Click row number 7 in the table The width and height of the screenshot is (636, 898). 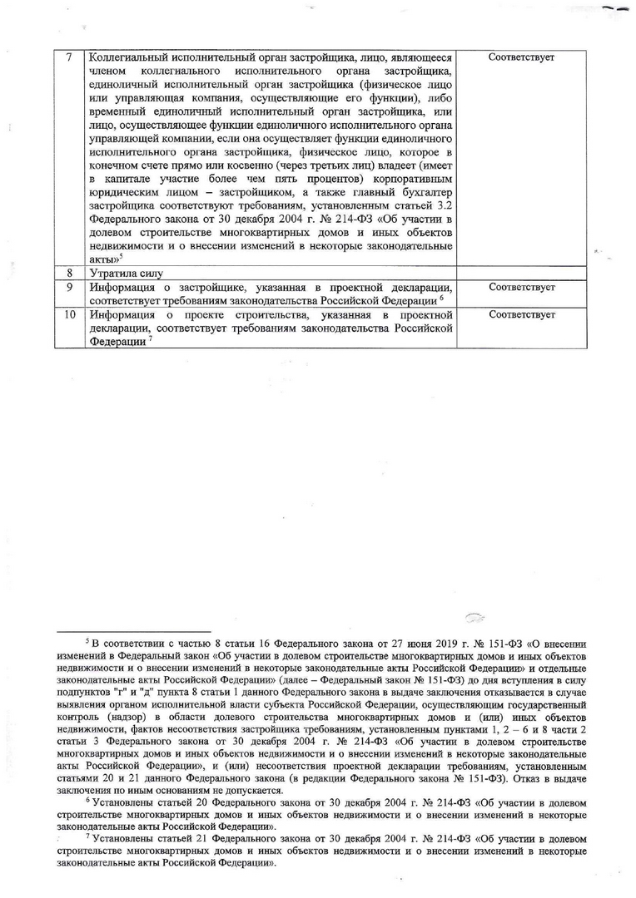click(70, 58)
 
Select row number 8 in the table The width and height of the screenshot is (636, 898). click(70, 273)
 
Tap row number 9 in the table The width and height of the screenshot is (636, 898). click(70, 287)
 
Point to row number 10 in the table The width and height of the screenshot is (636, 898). click(70, 316)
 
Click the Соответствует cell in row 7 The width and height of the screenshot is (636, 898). click(522, 58)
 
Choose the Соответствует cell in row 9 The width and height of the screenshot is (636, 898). click(522, 287)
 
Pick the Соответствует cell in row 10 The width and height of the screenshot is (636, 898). click(522, 316)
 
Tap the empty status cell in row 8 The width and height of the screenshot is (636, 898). click(522, 273)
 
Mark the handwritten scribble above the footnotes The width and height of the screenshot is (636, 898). click(475, 617)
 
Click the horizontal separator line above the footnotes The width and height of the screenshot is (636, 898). click(132, 632)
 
